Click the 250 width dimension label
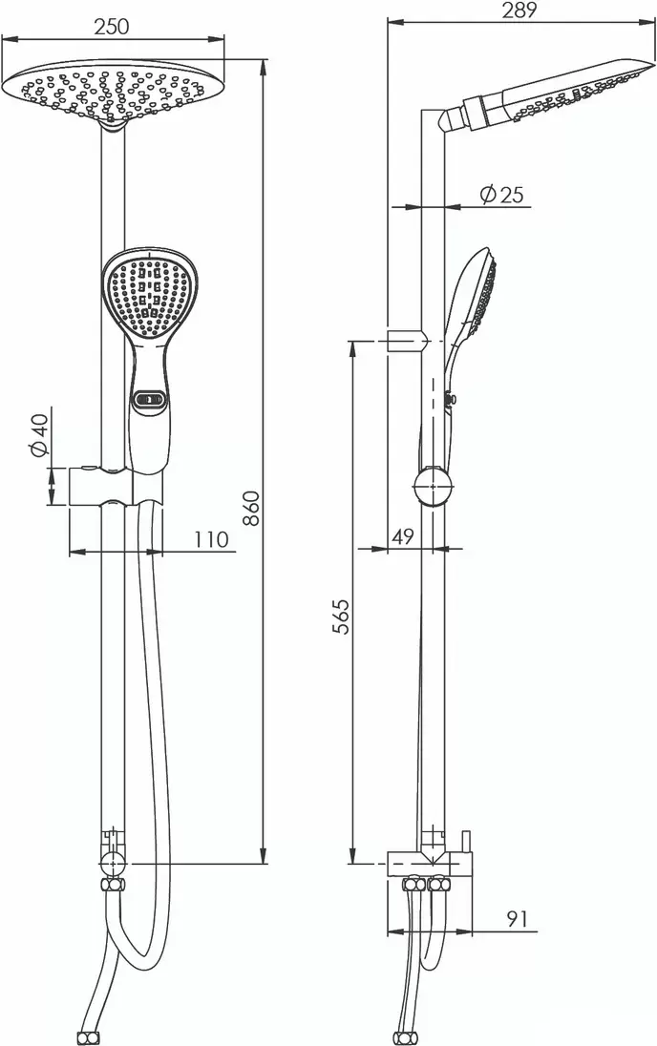111,27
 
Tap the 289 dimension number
519,10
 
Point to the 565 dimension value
341,617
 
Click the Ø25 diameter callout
502,194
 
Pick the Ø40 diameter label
39,435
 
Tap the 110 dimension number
211,538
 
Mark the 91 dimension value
517,918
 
